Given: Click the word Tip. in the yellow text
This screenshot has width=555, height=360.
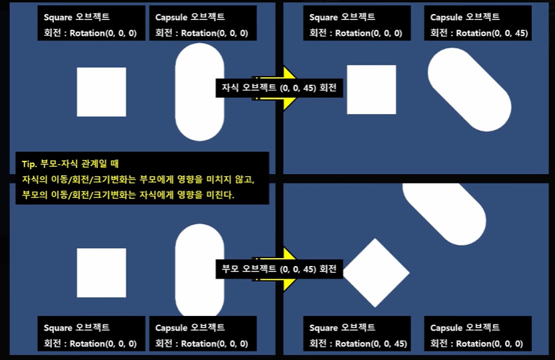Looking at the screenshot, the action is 29,164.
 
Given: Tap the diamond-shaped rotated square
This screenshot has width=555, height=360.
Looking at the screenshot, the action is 376,273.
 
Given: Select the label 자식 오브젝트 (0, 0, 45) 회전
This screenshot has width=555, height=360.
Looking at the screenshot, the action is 279,88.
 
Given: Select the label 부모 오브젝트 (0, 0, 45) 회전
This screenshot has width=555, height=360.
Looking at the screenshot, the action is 279,269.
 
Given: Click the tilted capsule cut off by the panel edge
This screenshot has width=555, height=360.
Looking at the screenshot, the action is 444,213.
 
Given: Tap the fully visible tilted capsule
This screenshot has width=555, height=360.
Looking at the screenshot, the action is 469,89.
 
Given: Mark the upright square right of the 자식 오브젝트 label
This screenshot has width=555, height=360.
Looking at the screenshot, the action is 371,89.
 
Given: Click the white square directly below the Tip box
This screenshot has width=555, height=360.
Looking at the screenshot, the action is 101,273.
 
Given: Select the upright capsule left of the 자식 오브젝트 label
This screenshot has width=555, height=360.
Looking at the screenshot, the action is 200,92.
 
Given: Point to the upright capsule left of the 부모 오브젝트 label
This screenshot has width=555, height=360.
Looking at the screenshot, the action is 200,270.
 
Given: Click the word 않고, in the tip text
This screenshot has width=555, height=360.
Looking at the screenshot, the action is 245,179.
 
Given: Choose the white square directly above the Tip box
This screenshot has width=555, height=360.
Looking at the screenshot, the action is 101,92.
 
